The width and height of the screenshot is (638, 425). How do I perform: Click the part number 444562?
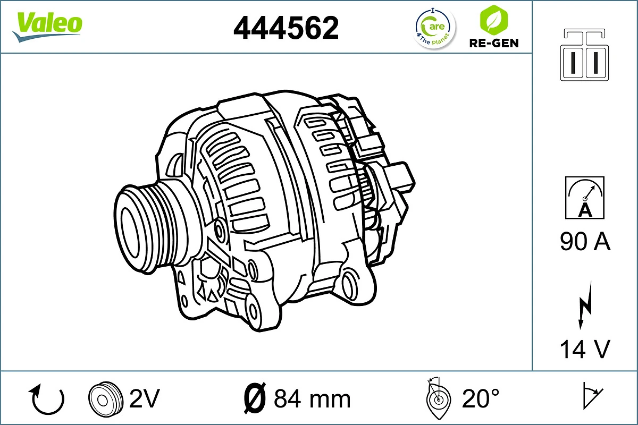click(286, 28)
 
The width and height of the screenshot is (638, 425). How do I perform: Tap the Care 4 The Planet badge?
click(435, 28)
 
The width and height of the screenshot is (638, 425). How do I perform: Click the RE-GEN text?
click(494, 43)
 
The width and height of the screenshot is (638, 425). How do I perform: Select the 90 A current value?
click(585, 242)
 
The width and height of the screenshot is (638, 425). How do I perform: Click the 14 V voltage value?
click(585, 349)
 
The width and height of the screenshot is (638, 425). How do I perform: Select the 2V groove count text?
click(145, 398)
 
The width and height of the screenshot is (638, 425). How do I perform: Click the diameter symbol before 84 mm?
click(254, 398)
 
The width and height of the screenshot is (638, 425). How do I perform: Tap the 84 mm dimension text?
click(312, 398)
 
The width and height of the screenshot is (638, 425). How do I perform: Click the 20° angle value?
click(481, 398)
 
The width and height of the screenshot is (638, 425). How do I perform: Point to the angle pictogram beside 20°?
click(439, 398)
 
